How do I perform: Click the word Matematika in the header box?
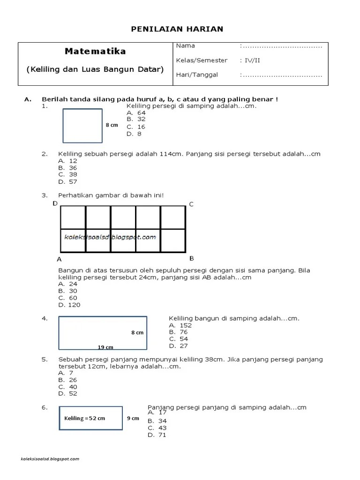pos(96,51)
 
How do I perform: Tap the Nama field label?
pos(186,46)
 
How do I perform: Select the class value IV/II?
pos(251,60)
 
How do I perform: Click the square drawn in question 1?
pos(82,126)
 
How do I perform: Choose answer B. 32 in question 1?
pos(136,120)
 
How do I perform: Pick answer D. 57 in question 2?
pos(67,182)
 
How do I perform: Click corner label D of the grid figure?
pos(55,203)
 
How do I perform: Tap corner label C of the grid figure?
pos(191,204)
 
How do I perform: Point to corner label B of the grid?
pos(191,258)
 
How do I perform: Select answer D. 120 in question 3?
pos(69,305)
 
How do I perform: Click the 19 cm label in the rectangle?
pos(105,347)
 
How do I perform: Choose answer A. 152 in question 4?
pos(180,325)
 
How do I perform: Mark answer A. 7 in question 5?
pos(66,373)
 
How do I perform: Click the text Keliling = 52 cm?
pos(85,418)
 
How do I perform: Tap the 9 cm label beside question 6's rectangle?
pos(133,418)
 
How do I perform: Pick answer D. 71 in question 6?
pos(157,435)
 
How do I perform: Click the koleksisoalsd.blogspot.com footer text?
pos(51,459)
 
